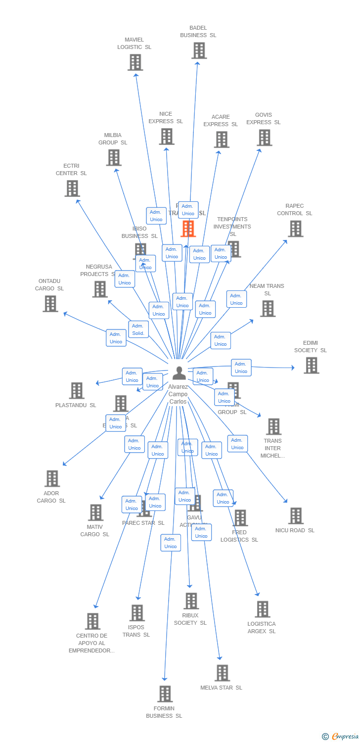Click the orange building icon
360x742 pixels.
point(188,229)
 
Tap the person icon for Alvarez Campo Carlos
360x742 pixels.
point(179,373)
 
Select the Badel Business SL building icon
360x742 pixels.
point(198,50)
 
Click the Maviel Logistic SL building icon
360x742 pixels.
point(135,62)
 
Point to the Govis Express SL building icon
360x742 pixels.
point(265,138)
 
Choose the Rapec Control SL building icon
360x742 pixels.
point(295,229)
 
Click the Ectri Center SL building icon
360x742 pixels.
point(72,188)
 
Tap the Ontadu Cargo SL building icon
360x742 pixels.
point(50,304)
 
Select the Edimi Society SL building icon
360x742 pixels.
point(311,366)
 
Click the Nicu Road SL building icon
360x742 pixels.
point(295,516)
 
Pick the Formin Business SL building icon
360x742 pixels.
point(165,694)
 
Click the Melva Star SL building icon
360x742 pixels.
point(222,673)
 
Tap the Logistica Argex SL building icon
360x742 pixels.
point(262,609)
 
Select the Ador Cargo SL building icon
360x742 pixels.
point(52,478)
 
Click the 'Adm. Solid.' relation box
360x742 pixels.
point(138,329)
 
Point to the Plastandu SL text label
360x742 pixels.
point(76,405)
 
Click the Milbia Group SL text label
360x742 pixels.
point(113,139)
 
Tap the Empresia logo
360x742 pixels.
point(341,736)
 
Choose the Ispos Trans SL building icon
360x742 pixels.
point(137,612)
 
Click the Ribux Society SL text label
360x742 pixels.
point(190,619)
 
